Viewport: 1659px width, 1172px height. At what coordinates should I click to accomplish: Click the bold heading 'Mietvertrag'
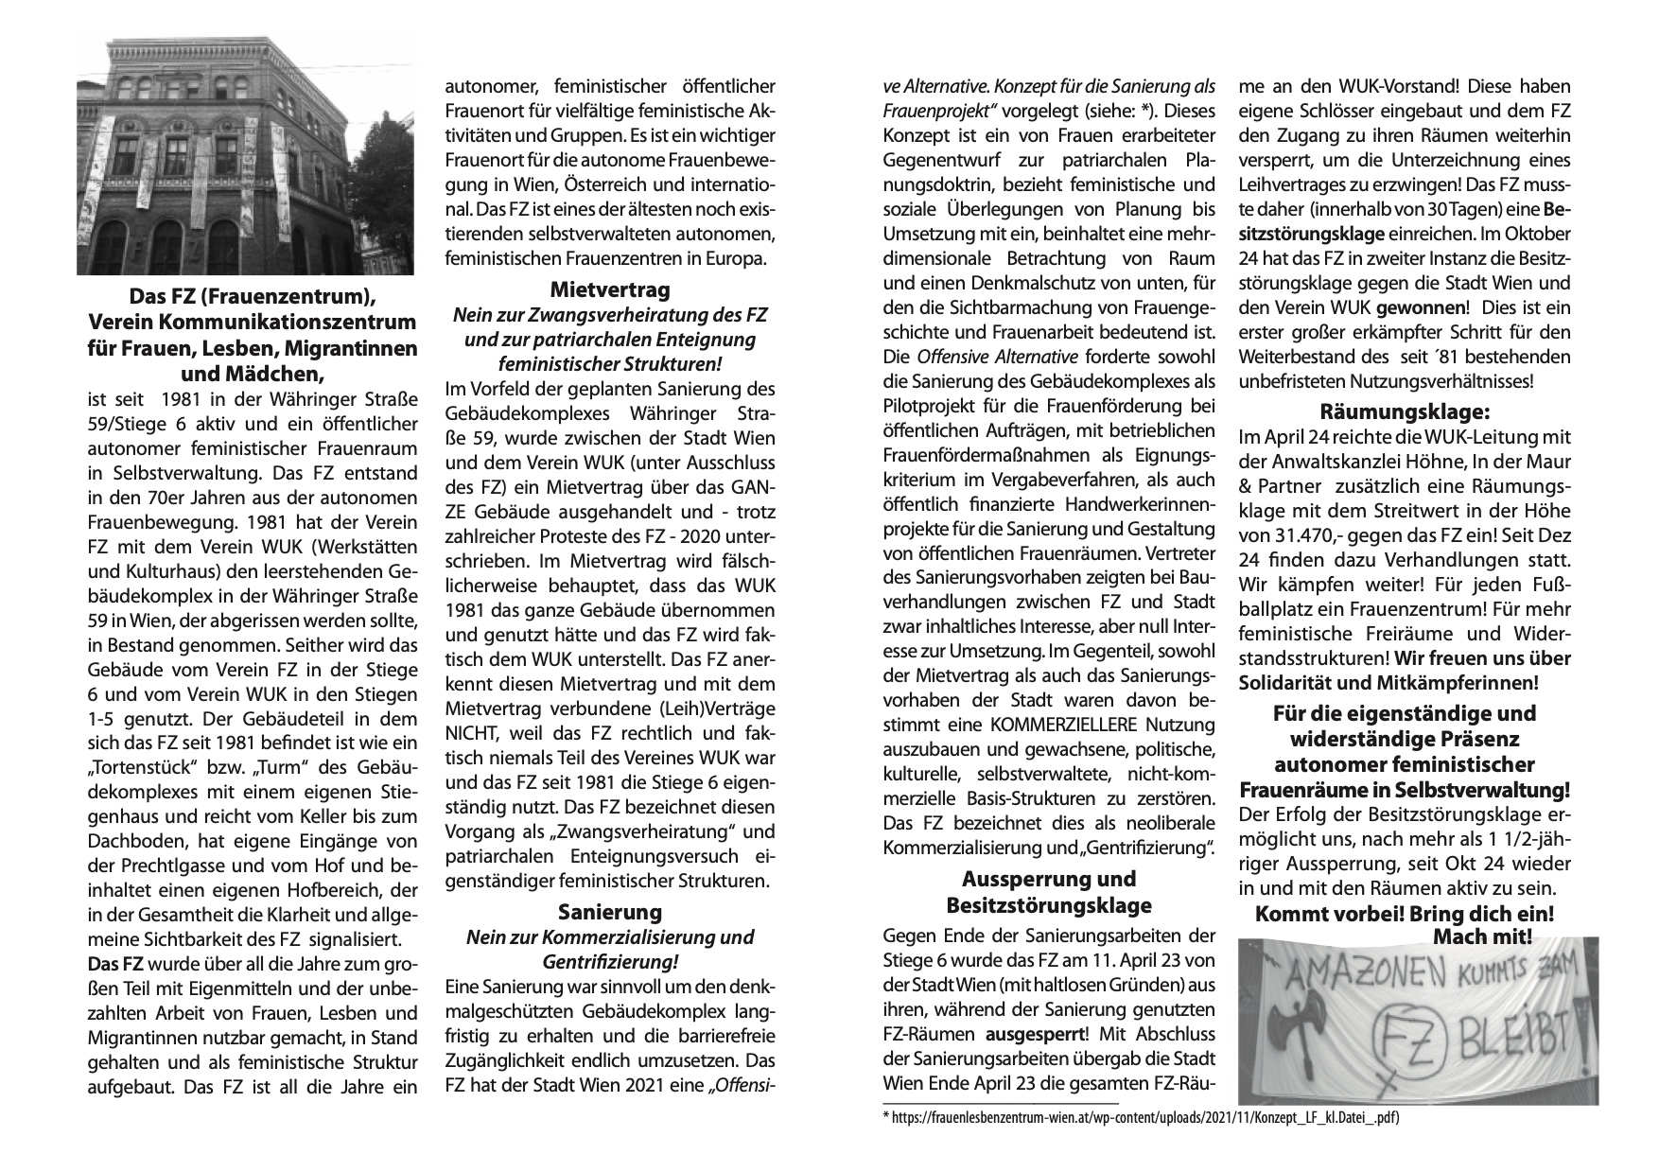(610, 289)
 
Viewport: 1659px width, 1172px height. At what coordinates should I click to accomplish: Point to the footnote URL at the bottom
(1140, 1118)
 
